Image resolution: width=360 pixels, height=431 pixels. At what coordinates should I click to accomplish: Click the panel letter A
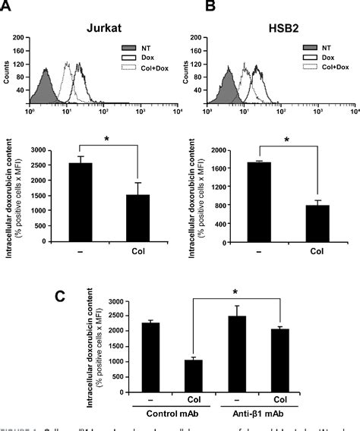[9, 9]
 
